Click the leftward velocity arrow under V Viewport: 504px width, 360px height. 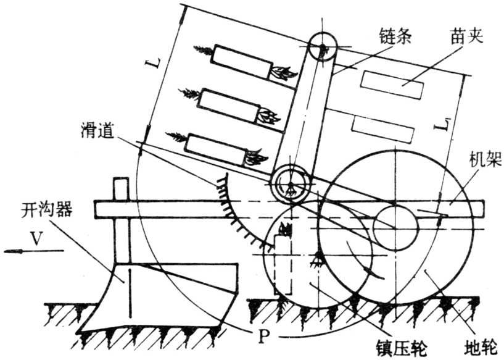31,251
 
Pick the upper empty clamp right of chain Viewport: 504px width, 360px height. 392,85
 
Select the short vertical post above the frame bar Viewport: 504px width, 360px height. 121,190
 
